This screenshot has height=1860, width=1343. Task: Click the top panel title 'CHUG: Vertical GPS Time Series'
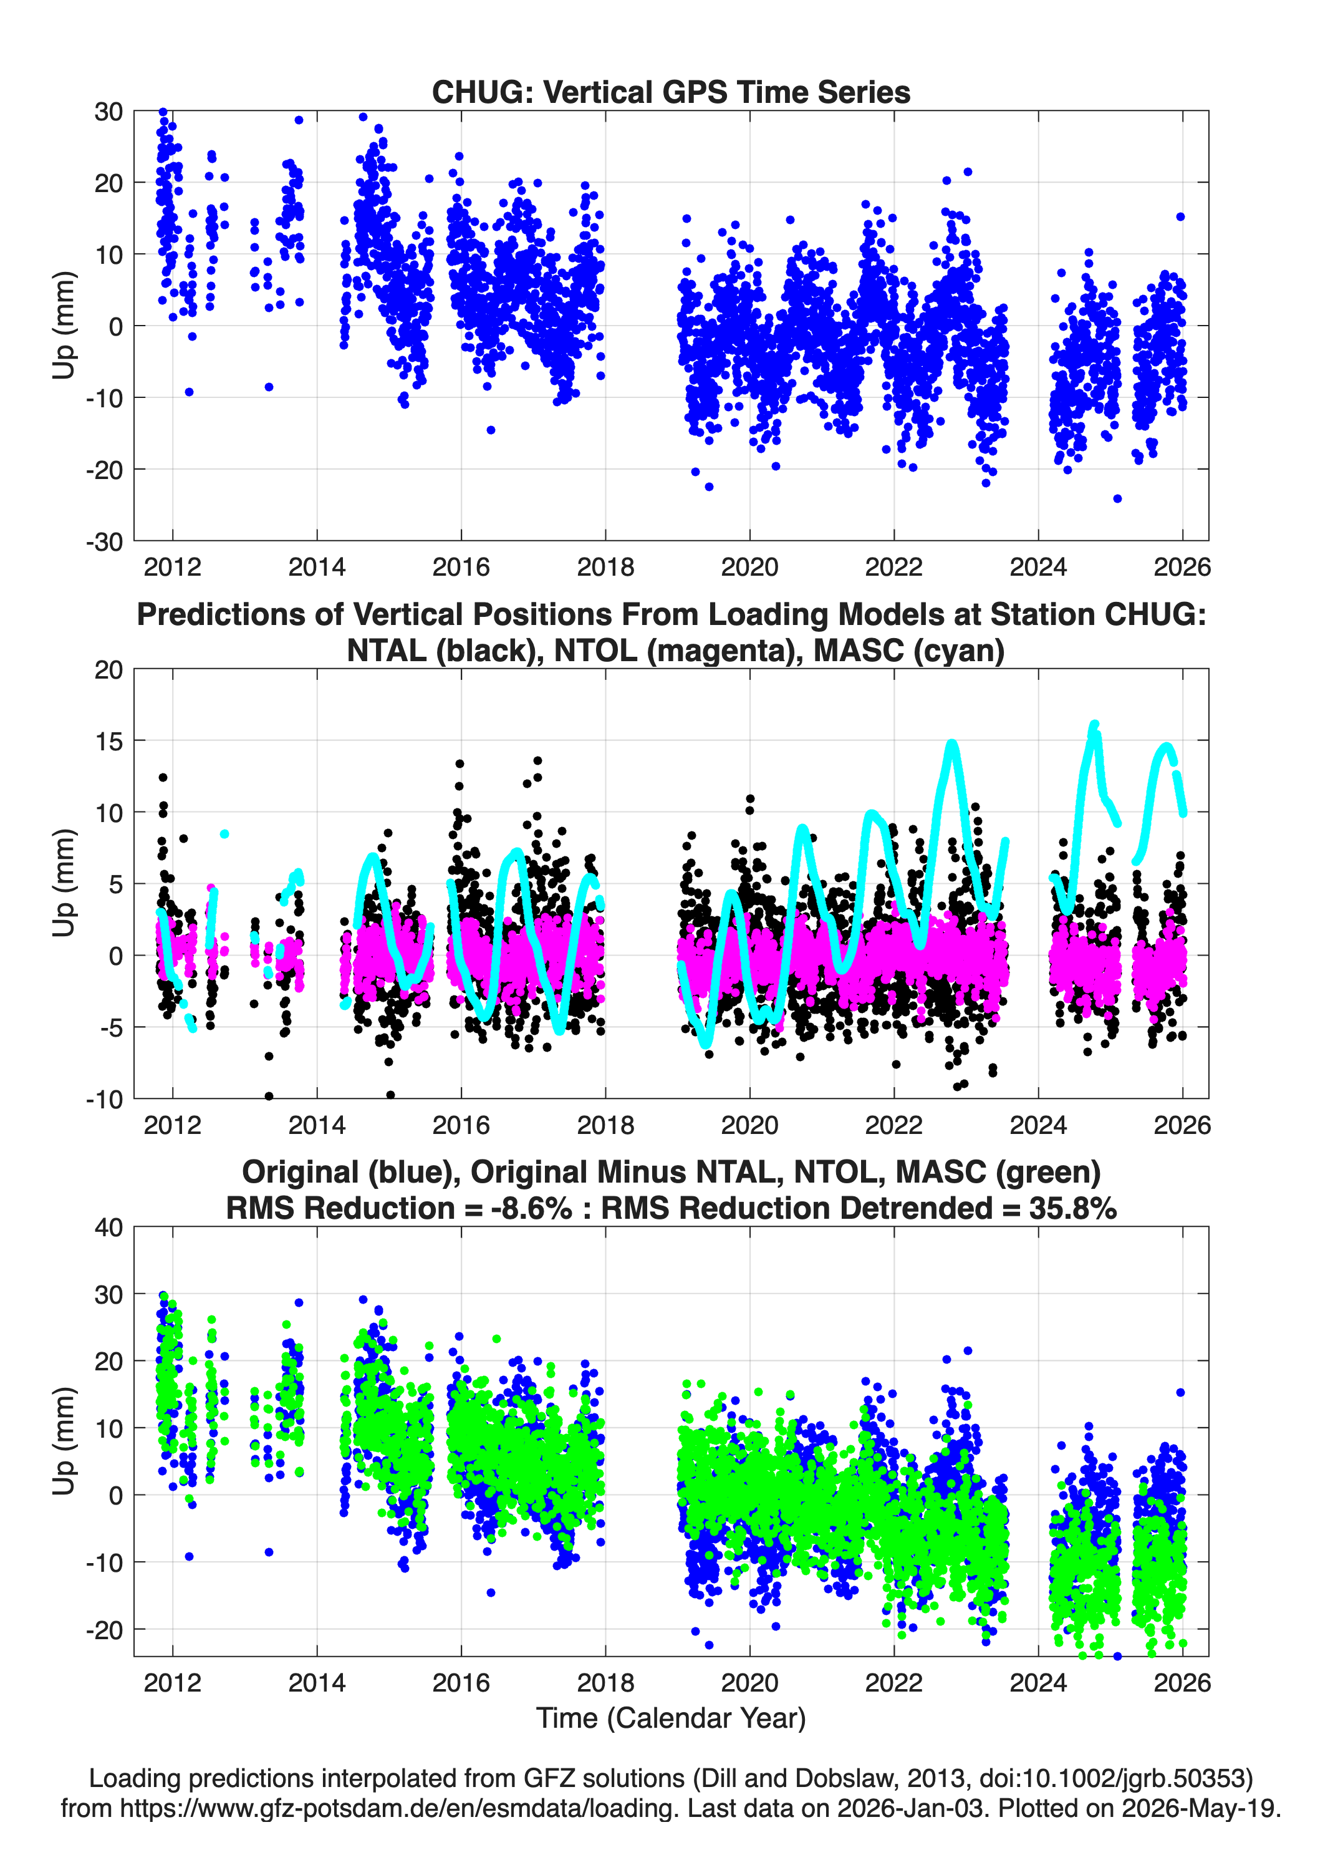(671, 92)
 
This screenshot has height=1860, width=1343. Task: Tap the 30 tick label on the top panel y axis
(108, 112)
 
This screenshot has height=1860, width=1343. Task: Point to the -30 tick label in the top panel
(104, 541)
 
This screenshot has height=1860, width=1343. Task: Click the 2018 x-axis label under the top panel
(605, 567)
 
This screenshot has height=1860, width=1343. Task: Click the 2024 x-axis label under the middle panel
(1038, 1125)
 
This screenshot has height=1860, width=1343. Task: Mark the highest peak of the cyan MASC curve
(1094, 725)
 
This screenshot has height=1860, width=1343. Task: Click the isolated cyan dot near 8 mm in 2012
(224, 834)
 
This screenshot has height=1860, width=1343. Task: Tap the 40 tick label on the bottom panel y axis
(108, 1228)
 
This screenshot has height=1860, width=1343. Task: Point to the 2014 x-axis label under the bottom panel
(317, 1682)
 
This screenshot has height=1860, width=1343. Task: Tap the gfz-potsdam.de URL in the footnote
(399, 1808)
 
